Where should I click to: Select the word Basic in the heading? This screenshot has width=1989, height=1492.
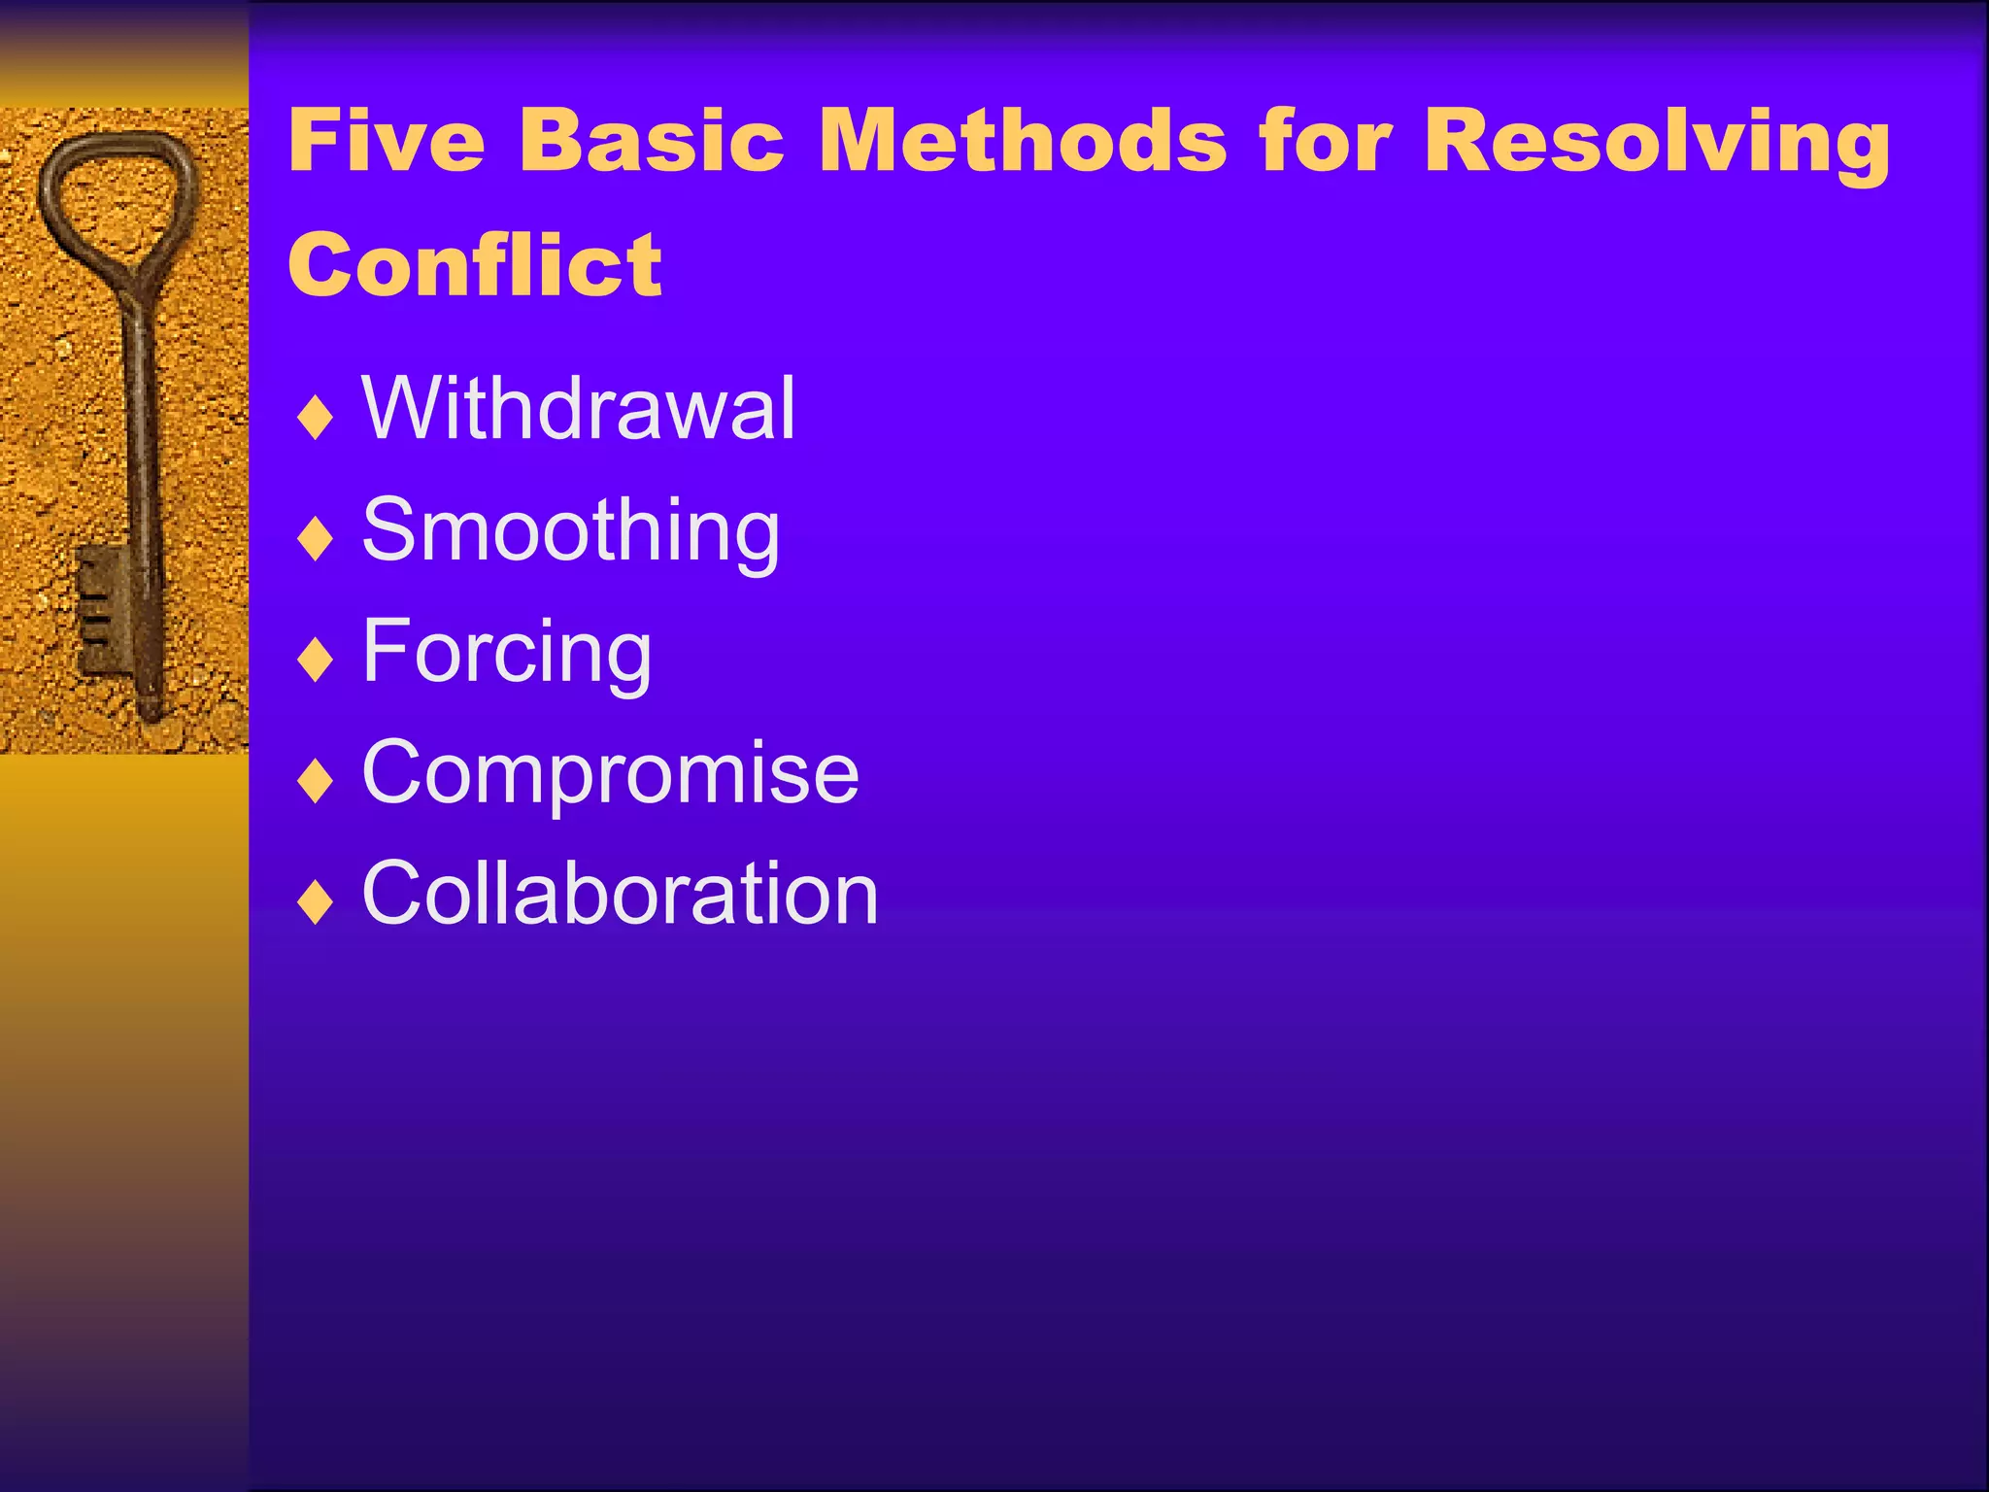click(x=652, y=141)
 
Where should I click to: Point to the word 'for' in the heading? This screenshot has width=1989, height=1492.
click(x=1326, y=141)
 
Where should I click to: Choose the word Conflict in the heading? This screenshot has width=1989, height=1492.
click(x=475, y=265)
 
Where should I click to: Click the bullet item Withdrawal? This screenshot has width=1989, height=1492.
click(x=579, y=409)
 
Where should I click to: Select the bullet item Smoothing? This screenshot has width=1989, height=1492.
click(x=571, y=531)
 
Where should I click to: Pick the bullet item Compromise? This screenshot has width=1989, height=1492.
click(x=611, y=773)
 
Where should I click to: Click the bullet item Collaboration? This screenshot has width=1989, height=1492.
click(x=621, y=895)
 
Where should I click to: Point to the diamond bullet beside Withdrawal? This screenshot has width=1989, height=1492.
click(x=316, y=419)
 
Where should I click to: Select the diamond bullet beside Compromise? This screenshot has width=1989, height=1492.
click(x=316, y=782)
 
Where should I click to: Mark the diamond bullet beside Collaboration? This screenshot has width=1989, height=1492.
click(x=316, y=903)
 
